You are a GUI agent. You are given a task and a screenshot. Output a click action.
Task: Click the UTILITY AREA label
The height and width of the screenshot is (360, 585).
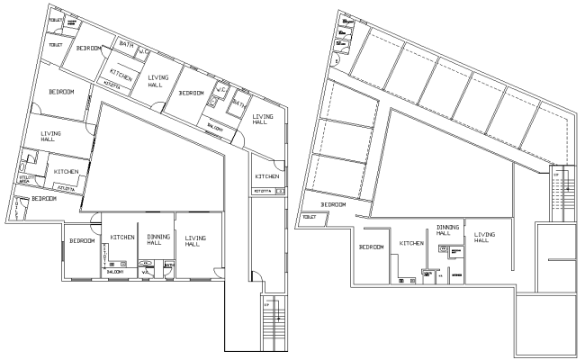click(26, 180)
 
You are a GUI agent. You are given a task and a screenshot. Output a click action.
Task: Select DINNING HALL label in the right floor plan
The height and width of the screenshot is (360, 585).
click(447, 230)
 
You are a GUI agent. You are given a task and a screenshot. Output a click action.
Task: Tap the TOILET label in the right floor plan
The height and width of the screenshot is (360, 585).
click(311, 217)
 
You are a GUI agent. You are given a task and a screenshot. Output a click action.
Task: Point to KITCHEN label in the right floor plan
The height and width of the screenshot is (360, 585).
click(411, 243)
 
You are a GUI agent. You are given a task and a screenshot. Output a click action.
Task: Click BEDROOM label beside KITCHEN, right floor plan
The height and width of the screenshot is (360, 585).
click(372, 247)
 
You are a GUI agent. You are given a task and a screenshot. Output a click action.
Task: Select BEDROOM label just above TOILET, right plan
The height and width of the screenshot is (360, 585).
click(333, 205)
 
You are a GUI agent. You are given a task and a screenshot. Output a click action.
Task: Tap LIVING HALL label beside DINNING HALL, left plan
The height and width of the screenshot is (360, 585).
click(195, 240)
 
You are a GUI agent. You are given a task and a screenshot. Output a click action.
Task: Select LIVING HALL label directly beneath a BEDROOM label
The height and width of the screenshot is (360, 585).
click(49, 134)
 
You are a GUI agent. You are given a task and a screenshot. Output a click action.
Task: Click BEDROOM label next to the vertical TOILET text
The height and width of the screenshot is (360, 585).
click(44, 199)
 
